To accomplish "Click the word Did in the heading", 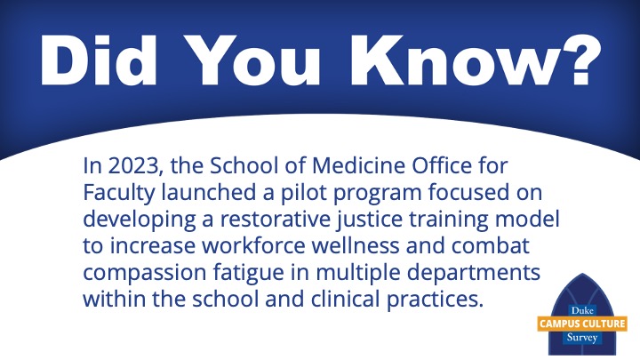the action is tap(99, 60).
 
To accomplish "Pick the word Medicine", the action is tap(359, 165).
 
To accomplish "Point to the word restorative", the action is tap(276, 220).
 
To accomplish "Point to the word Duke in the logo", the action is tap(582, 311).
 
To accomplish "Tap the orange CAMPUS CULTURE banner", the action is tap(582, 324).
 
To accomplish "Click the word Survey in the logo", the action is tap(582, 338).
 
